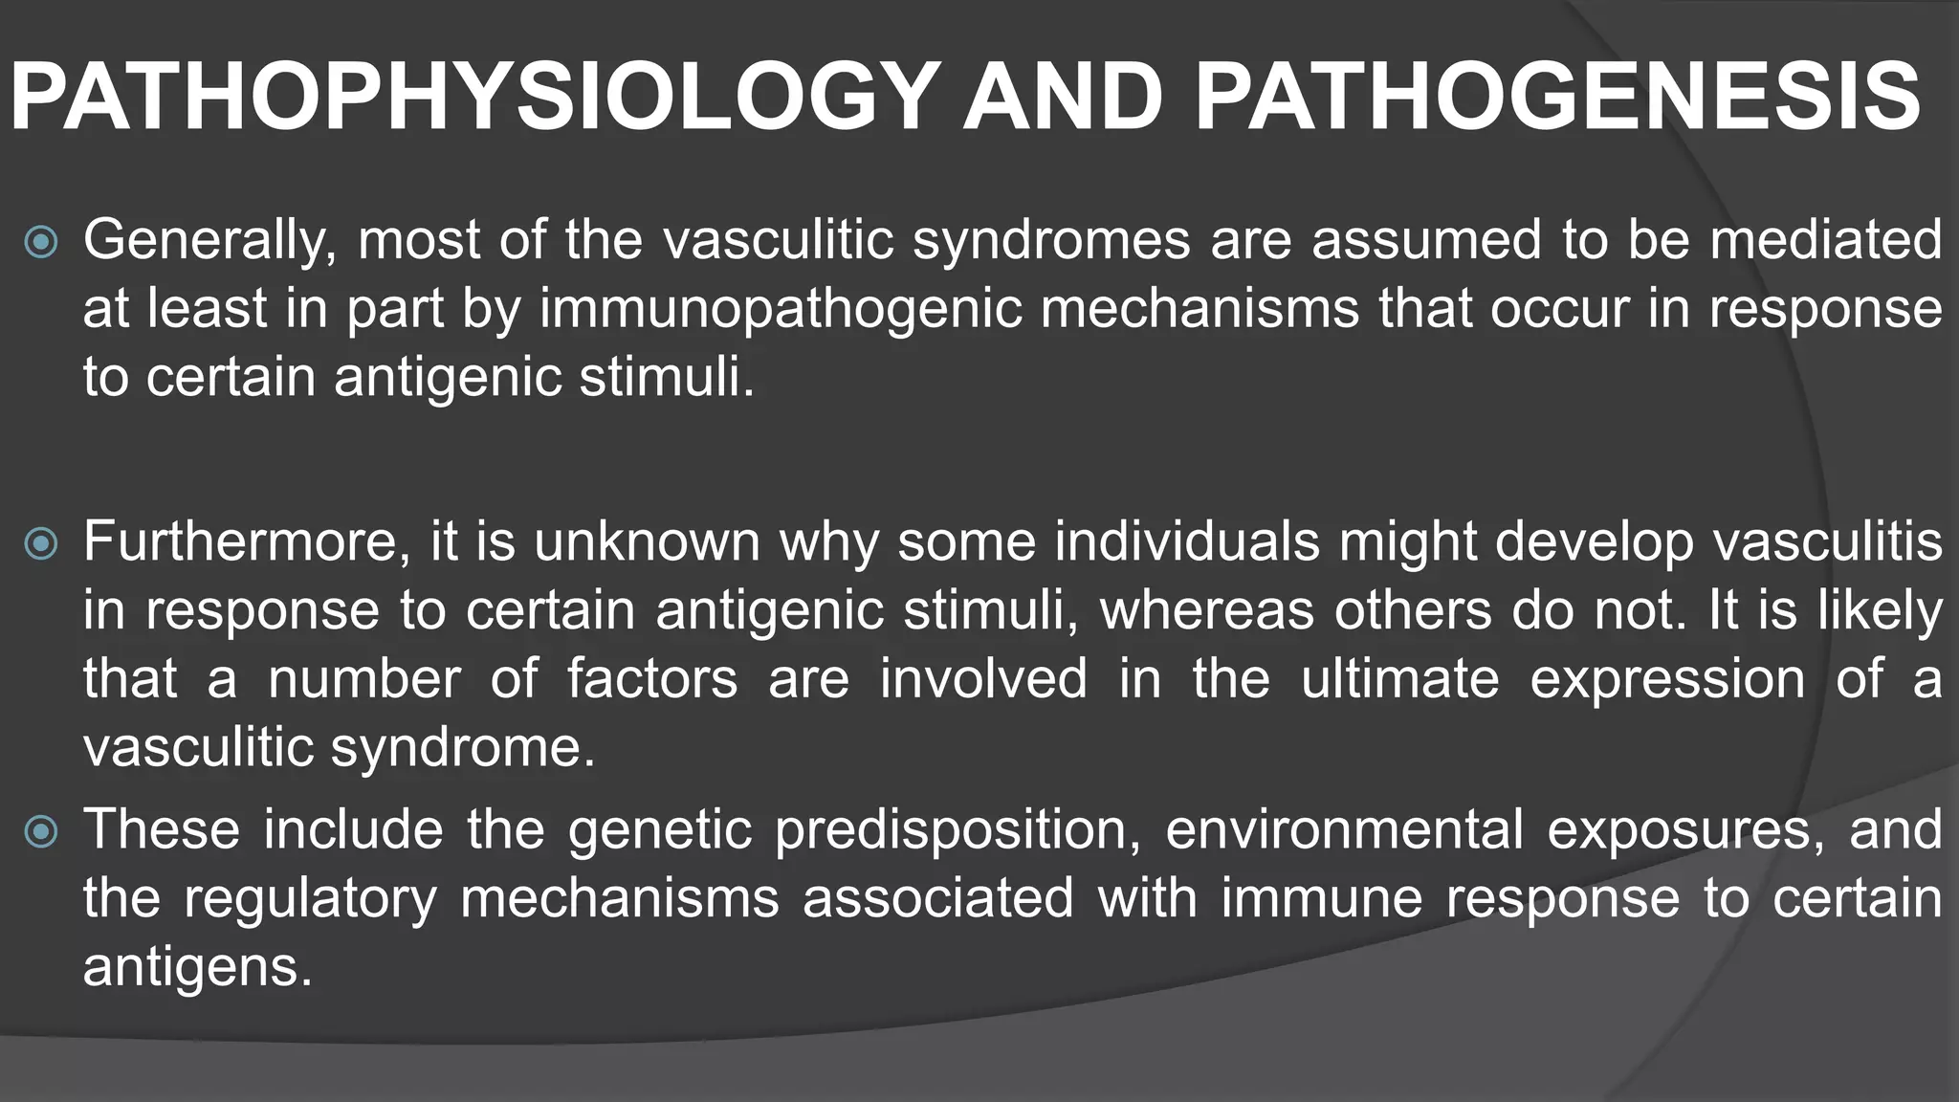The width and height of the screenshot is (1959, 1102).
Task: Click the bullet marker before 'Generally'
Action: [x=41, y=242]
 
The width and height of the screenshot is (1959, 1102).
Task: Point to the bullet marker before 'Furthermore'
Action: [x=41, y=544]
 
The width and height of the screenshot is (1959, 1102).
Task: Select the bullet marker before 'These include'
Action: [x=41, y=831]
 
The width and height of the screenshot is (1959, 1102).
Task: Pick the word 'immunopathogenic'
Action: [x=781, y=309]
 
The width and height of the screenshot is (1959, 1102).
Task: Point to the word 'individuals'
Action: [x=1186, y=541]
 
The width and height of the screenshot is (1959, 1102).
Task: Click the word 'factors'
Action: [x=652, y=679]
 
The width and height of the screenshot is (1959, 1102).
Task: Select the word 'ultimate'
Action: [x=1399, y=679]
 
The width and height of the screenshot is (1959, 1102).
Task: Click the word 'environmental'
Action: [x=1344, y=829]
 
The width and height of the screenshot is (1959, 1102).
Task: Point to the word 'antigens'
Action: [x=198, y=967]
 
